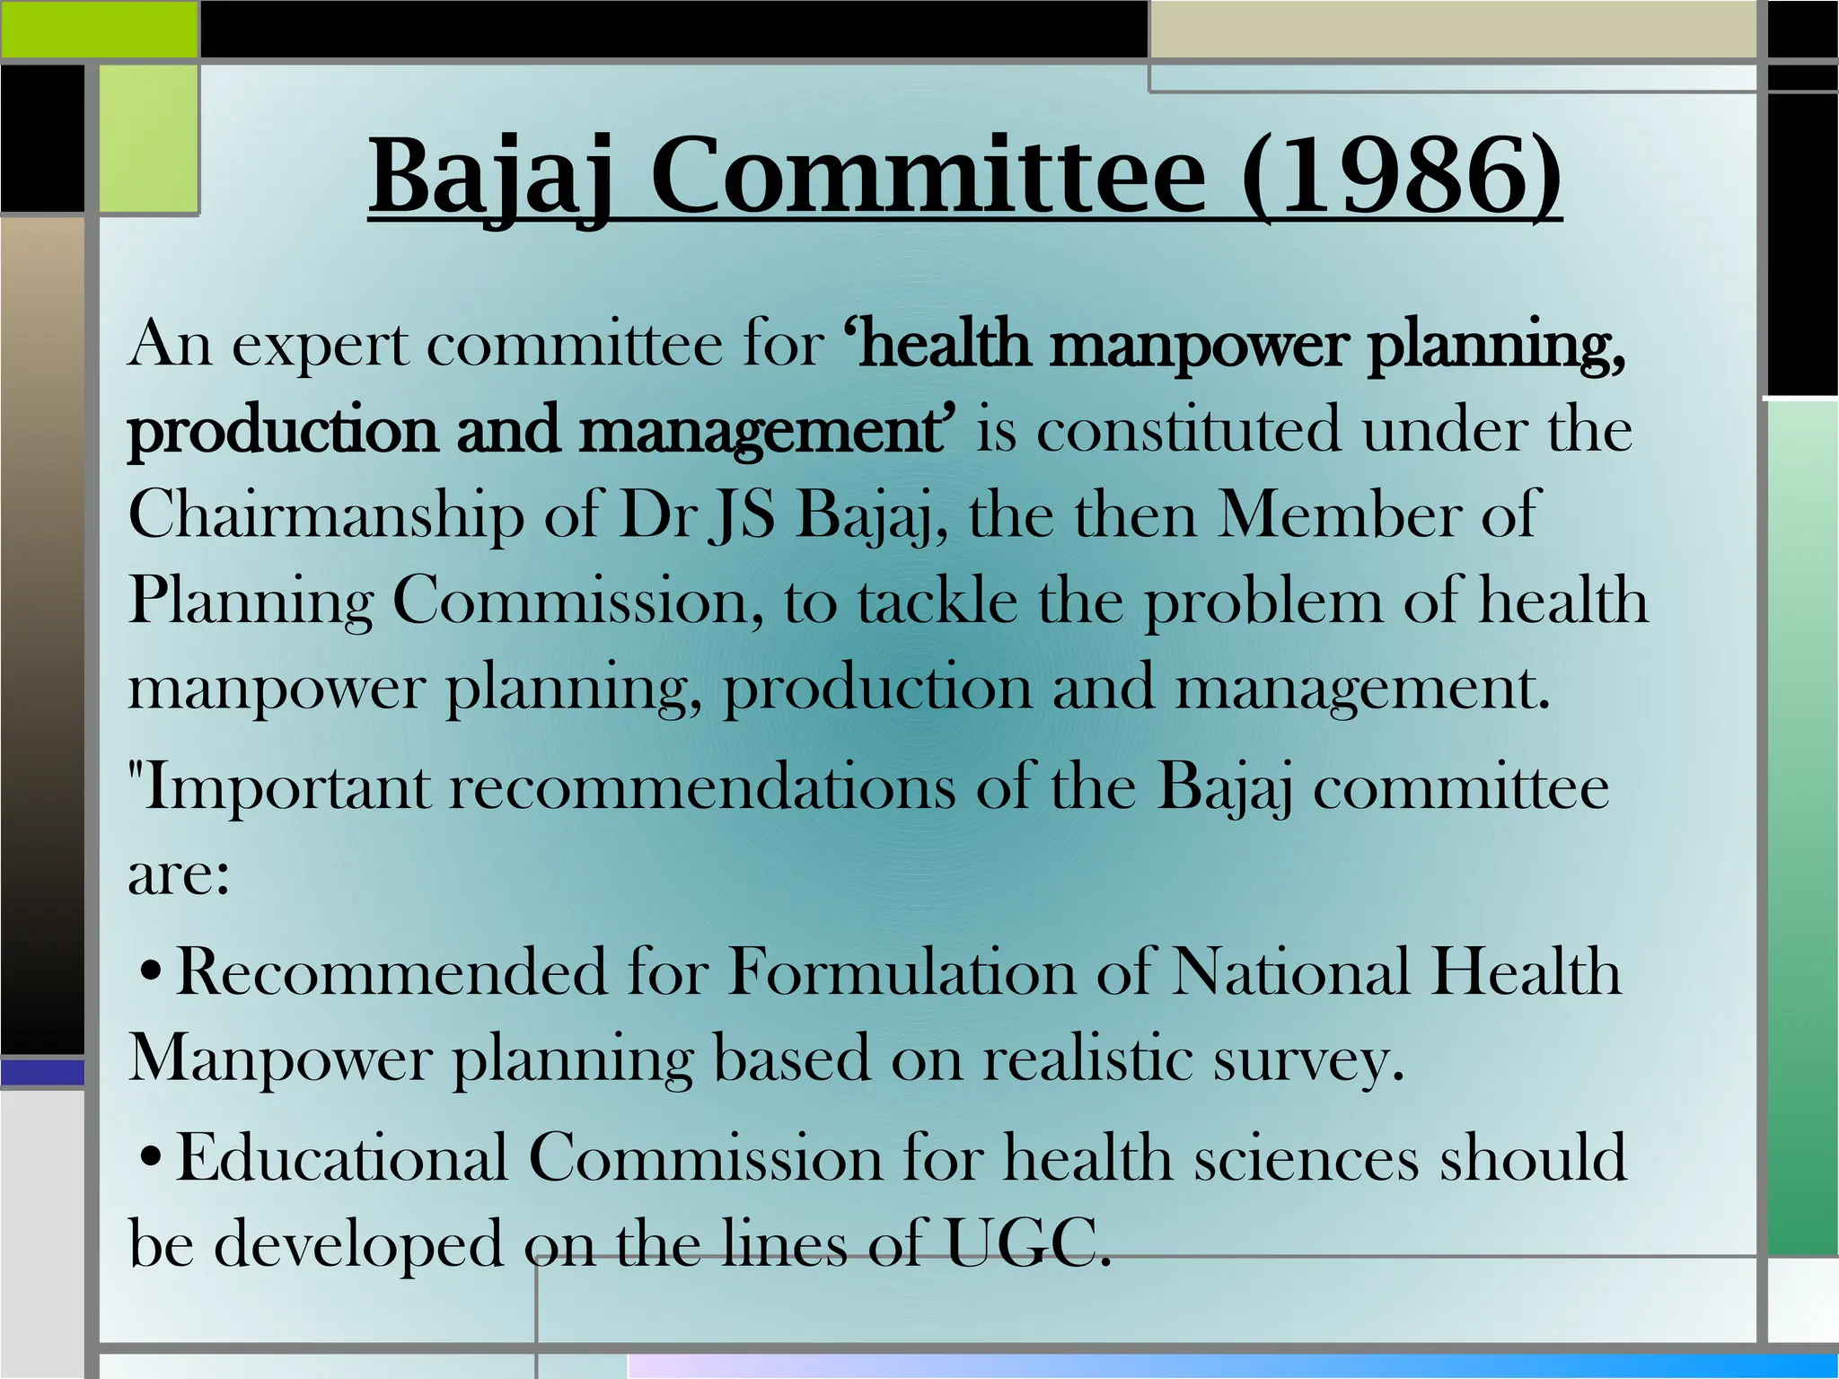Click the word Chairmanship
pos(325,518)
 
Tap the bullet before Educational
pos(152,1157)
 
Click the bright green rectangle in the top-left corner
pos(99,29)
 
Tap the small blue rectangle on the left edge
pos(41,1073)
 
